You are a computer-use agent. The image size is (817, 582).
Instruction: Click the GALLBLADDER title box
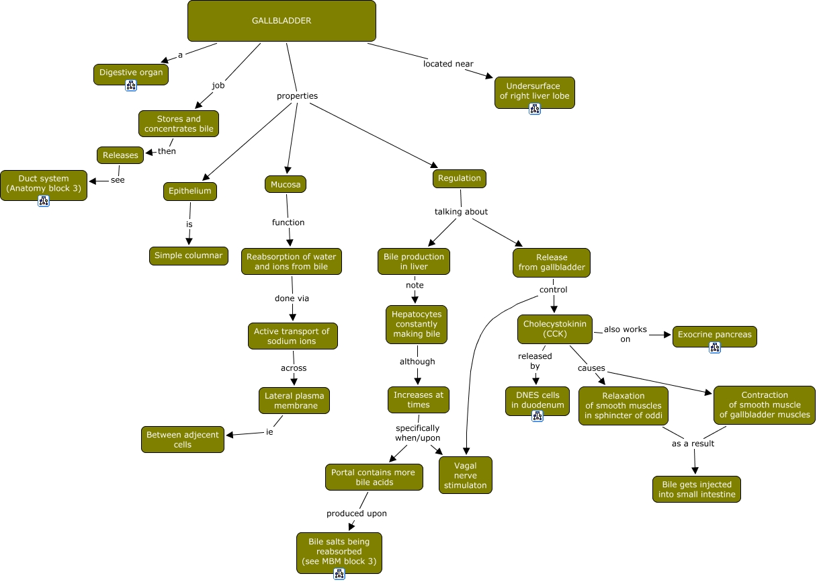pyautogui.click(x=282, y=21)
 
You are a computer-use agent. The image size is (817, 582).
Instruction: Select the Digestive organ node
pyautogui.click(x=131, y=73)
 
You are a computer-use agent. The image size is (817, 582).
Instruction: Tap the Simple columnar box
pyautogui.click(x=189, y=255)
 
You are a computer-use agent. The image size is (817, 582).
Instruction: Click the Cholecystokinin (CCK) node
pyautogui.click(x=555, y=329)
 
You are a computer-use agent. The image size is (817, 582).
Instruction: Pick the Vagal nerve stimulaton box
pyautogui.click(x=465, y=475)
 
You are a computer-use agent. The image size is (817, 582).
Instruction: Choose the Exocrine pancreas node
pyautogui.click(x=714, y=335)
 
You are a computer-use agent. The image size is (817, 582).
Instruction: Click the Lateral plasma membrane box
pyautogui.click(x=294, y=401)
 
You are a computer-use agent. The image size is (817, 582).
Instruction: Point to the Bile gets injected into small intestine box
pyautogui.click(x=697, y=489)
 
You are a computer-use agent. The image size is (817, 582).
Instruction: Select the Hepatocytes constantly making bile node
pyautogui.click(x=417, y=324)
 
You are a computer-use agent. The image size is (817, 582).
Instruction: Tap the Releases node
pyautogui.click(x=121, y=155)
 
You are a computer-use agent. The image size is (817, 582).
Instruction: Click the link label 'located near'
pyautogui.click(x=448, y=64)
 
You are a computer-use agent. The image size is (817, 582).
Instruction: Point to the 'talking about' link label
pyautogui.click(x=461, y=212)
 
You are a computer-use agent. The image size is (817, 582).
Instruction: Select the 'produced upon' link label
pyautogui.click(x=356, y=513)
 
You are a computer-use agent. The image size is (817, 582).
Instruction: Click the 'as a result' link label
pyautogui.click(x=693, y=444)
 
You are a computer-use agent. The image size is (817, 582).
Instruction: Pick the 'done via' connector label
pyautogui.click(x=292, y=298)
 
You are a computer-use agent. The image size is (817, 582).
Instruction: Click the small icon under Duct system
pyautogui.click(x=44, y=201)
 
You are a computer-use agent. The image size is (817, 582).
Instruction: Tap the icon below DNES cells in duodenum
pyautogui.click(x=537, y=416)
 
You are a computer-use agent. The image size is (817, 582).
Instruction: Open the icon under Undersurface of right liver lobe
pyautogui.click(x=535, y=109)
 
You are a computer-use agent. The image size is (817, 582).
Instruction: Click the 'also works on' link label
pyautogui.click(x=625, y=334)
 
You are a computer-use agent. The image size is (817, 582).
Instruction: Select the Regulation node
pyautogui.click(x=460, y=178)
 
